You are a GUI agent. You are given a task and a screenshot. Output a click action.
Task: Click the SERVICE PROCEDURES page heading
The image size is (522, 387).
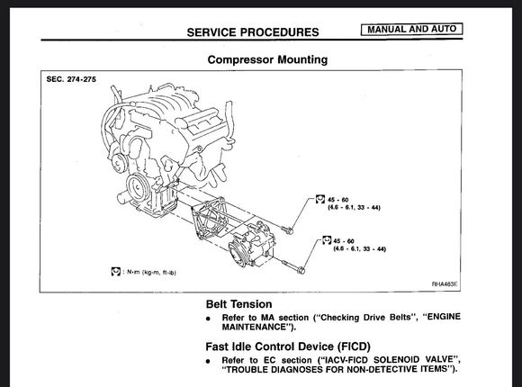(253, 32)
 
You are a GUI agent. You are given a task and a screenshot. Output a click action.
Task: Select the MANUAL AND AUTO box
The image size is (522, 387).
(412, 29)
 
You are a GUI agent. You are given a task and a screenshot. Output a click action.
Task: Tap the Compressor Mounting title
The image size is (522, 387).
(267, 59)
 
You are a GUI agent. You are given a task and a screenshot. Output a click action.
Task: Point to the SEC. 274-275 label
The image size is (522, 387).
(71, 79)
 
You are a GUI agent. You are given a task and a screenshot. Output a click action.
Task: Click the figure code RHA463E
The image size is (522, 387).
(445, 284)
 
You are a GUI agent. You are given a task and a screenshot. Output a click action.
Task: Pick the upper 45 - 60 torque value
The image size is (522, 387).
(337, 200)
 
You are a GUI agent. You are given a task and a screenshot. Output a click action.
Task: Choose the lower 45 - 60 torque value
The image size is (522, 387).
(344, 241)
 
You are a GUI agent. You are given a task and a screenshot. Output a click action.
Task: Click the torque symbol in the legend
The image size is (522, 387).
(116, 272)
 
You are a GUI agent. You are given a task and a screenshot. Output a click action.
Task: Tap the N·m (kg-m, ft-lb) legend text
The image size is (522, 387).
(151, 273)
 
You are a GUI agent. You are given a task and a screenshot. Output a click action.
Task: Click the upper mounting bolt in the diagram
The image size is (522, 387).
(287, 229)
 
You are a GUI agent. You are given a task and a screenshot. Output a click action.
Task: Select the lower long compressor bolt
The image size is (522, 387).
(293, 266)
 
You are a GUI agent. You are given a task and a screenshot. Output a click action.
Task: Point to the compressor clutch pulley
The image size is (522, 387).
(238, 254)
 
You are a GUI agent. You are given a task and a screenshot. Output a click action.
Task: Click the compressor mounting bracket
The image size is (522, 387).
(209, 218)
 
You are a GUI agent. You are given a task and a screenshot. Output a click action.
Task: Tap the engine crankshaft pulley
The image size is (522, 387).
(138, 188)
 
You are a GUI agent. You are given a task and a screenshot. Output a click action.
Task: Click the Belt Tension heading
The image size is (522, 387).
(239, 304)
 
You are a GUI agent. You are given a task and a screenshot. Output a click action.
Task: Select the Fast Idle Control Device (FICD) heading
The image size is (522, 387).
(288, 346)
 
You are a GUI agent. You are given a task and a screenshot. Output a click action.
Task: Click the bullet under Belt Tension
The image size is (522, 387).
(209, 319)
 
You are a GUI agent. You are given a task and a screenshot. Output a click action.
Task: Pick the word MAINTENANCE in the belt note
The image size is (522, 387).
(255, 327)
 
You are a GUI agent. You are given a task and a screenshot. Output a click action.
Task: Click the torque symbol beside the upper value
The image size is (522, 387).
(320, 199)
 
